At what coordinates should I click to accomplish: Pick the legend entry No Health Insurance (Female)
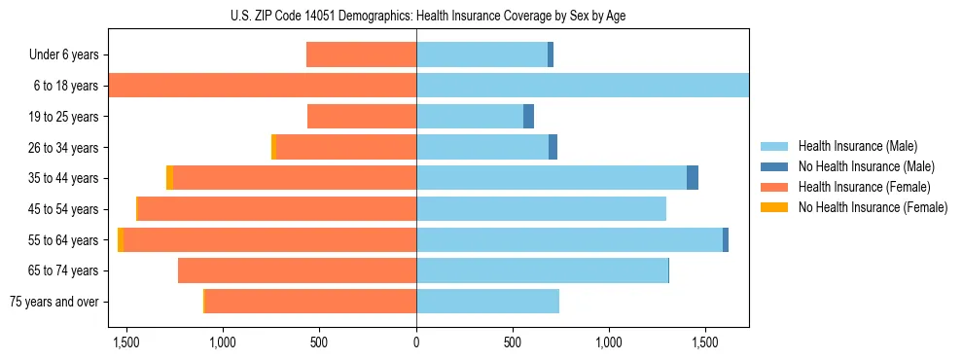(x=873, y=207)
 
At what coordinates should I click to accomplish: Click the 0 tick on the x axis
(x=416, y=342)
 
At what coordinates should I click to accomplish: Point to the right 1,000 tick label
(x=609, y=342)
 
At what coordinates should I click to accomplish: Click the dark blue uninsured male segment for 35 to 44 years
(x=693, y=178)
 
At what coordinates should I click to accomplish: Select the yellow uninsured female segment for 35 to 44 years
(x=169, y=178)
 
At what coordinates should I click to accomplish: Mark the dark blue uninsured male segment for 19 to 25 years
(x=528, y=117)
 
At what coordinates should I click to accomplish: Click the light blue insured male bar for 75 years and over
(x=487, y=302)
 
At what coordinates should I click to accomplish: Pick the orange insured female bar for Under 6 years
(x=361, y=55)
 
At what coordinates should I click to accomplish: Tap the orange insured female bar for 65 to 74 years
(x=297, y=270)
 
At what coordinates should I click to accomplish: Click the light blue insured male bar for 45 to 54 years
(x=541, y=209)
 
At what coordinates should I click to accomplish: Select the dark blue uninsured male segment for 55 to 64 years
(x=726, y=240)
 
